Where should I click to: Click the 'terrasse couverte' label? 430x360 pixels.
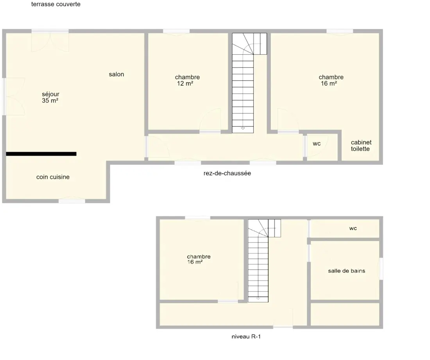(x=56, y=4)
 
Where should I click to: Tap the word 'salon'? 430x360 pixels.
(x=116, y=74)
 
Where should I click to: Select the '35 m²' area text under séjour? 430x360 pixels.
(x=50, y=101)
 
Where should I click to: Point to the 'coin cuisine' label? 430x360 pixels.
(x=53, y=177)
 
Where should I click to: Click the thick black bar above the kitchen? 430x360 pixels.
(x=41, y=154)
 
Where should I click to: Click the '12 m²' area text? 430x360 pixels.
(x=185, y=83)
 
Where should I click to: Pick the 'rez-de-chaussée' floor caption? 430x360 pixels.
(x=227, y=173)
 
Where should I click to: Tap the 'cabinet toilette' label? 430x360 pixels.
(x=361, y=146)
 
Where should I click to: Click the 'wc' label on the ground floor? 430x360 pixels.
(x=317, y=144)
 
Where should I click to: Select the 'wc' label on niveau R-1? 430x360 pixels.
(x=353, y=228)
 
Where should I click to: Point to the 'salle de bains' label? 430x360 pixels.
(x=347, y=271)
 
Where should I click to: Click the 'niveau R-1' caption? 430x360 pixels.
(x=246, y=337)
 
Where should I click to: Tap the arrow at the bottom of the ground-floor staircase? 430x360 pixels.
(x=243, y=128)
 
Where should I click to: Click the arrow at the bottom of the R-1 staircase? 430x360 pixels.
(x=258, y=298)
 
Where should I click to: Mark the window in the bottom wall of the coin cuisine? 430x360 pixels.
(x=72, y=201)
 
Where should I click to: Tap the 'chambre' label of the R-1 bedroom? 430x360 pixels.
(x=199, y=256)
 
